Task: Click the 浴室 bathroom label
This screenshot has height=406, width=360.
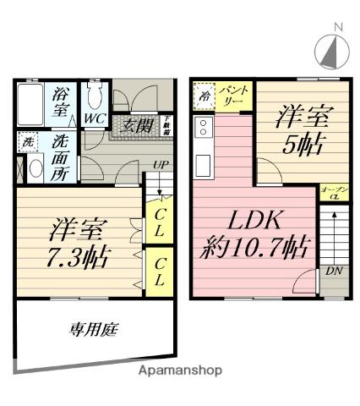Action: (x=61, y=101)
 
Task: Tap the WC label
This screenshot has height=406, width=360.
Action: (x=93, y=119)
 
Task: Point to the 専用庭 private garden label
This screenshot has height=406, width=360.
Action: (x=91, y=330)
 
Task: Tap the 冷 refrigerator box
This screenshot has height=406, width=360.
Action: (x=205, y=96)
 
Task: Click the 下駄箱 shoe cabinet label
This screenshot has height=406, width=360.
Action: (x=168, y=125)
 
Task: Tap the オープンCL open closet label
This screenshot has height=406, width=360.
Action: (x=332, y=192)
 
